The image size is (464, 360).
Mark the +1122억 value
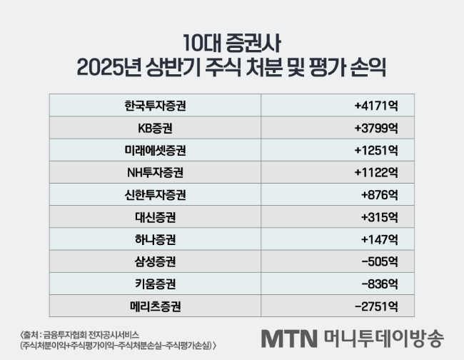click(x=375, y=172)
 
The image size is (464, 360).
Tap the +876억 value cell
click(x=379, y=194)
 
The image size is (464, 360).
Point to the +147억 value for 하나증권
click(x=378, y=239)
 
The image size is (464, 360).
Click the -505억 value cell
click(x=378, y=261)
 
